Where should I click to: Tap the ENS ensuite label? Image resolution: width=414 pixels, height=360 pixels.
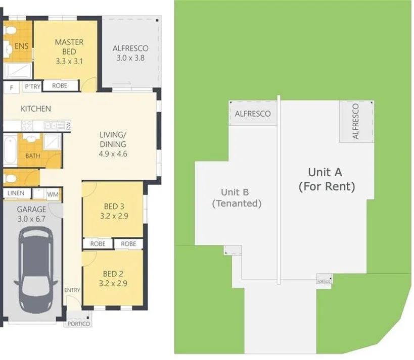point(21,47)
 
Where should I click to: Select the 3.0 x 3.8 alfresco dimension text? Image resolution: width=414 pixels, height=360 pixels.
point(130,58)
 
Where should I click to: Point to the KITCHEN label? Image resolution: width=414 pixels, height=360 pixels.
point(35,109)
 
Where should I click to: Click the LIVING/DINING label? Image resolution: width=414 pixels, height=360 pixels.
point(112,139)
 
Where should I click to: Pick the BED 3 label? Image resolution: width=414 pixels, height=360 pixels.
point(114,206)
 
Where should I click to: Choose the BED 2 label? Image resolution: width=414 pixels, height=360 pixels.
point(114,274)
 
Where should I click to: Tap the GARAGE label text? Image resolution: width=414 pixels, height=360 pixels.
point(31,209)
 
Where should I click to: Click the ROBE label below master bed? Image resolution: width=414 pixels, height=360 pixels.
point(60,86)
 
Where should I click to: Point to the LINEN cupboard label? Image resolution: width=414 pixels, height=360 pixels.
point(16,193)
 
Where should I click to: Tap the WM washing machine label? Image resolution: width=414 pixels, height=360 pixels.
point(53,194)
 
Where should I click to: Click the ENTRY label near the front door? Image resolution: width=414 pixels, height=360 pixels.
point(72,290)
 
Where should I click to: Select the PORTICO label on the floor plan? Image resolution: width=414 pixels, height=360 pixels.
point(78,324)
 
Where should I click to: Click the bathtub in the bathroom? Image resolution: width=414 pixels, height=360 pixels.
point(10,149)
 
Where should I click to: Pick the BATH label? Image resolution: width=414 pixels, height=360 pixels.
point(33,156)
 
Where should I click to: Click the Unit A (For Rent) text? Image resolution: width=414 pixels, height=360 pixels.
point(327,179)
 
